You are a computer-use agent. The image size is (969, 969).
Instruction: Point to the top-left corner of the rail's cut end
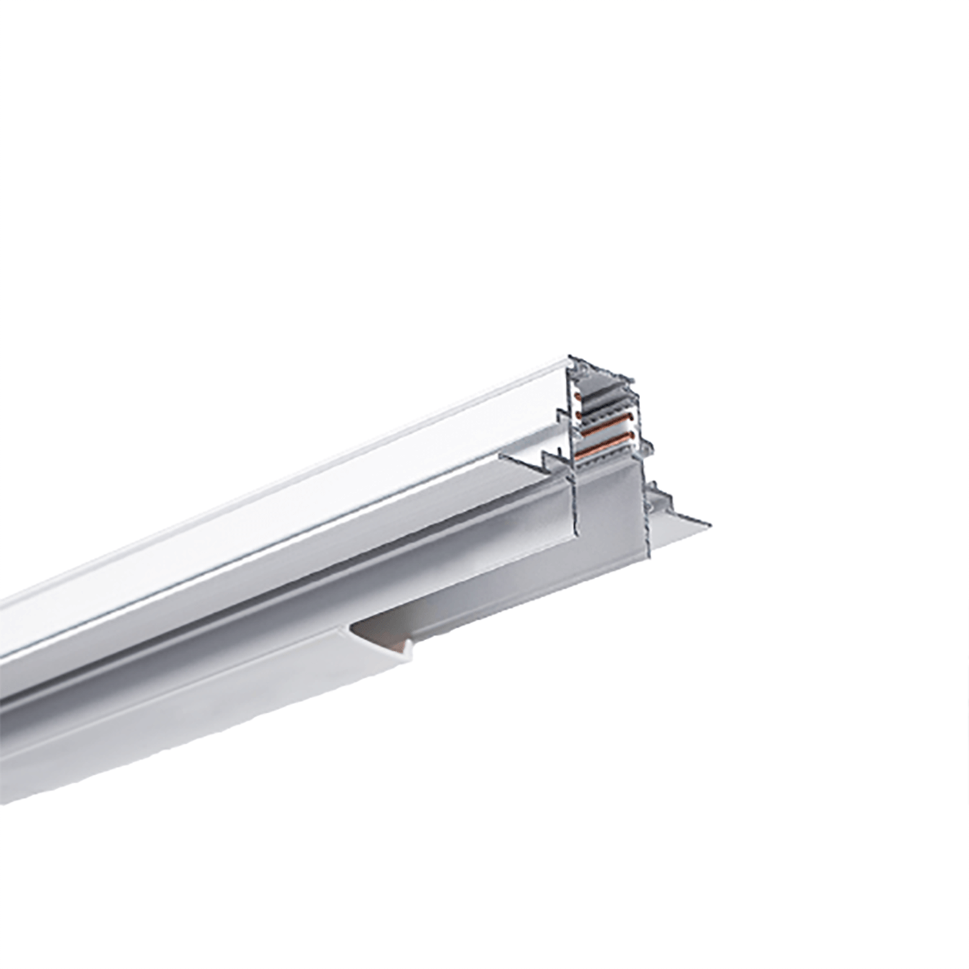(569, 355)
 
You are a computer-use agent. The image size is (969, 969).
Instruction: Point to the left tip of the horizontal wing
(506, 457)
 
